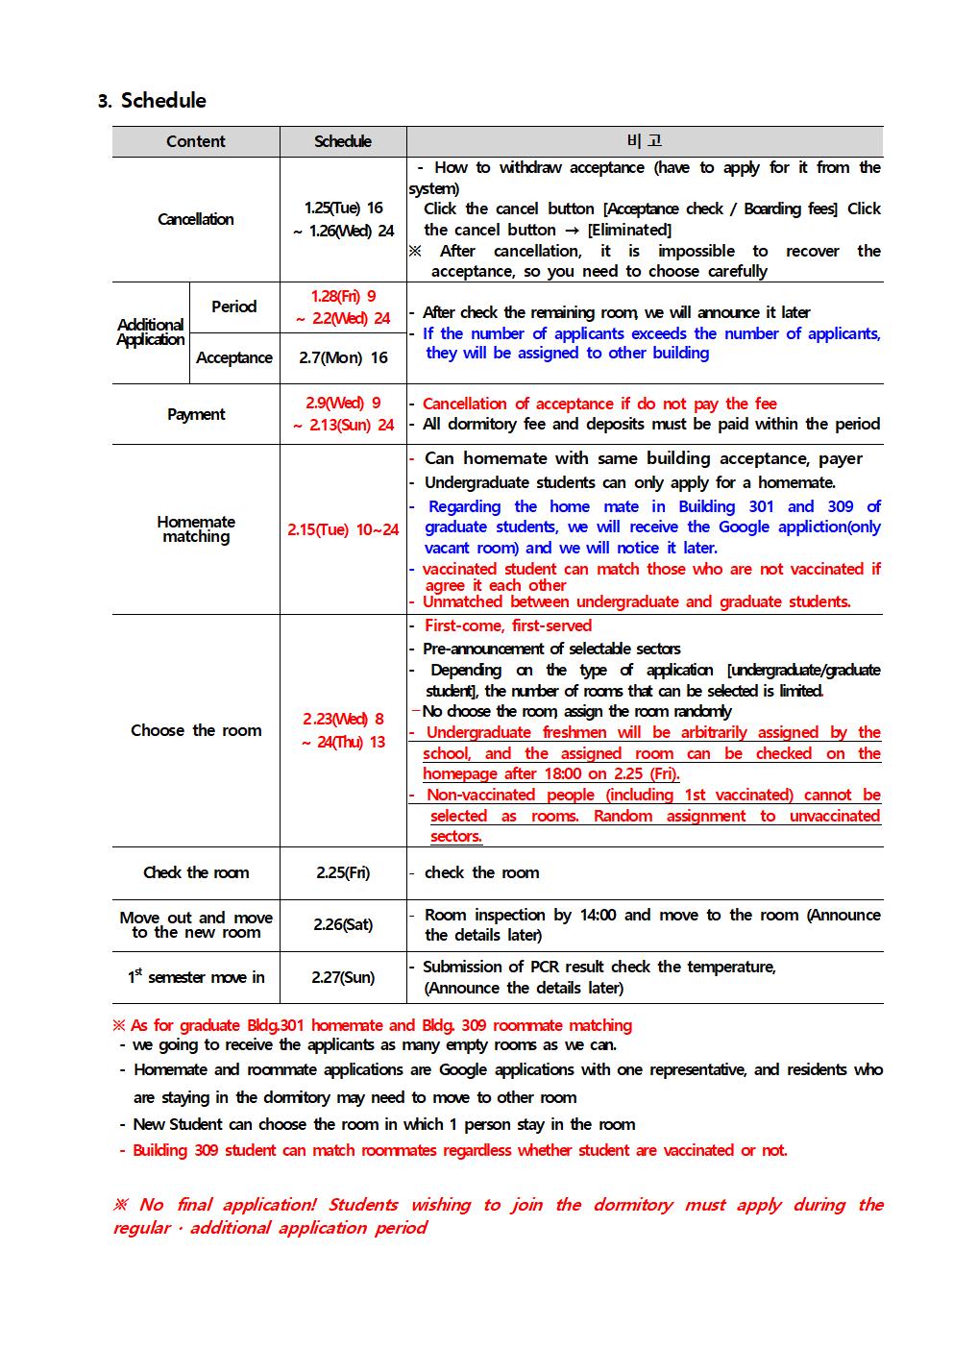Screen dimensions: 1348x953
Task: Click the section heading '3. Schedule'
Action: coord(152,101)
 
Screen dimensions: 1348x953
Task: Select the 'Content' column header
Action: coord(195,141)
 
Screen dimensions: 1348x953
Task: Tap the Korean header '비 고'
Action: coord(644,141)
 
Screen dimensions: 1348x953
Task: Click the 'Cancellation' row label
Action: coord(195,219)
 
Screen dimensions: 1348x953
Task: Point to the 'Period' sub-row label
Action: coord(233,306)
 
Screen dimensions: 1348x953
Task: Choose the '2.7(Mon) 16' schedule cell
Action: coord(343,357)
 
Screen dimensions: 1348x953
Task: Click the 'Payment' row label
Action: coord(195,414)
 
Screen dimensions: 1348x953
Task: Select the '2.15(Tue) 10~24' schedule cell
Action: coord(343,529)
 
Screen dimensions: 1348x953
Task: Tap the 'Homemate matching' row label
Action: coord(195,529)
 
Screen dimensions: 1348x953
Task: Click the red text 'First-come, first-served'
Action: coord(508,625)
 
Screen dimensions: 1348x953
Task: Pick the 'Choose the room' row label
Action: coord(195,730)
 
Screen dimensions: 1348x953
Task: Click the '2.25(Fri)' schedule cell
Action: coord(343,872)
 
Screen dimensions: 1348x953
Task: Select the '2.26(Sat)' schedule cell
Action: coord(343,924)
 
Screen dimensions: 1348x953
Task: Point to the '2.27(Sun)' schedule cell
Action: coord(343,977)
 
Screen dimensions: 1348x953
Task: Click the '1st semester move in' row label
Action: coord(195,977)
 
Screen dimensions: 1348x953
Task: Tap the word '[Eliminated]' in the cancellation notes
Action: coord(629,230)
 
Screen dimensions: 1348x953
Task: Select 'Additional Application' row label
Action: coord(150,332)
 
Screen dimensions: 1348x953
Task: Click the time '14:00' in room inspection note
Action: coord(597,915)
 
